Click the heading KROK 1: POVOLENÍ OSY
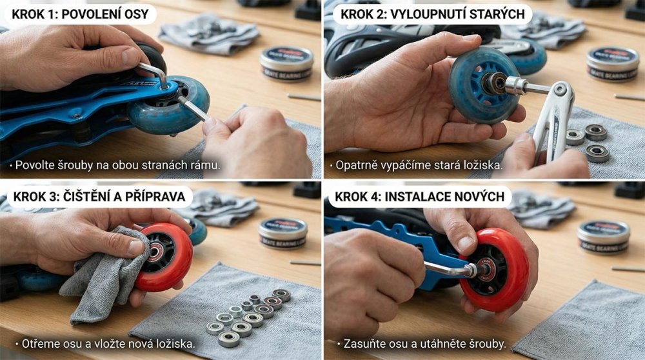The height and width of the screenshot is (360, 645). point(80,14)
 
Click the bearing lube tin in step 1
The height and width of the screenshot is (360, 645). point(286,63)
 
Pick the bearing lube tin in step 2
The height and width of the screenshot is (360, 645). point(612,63)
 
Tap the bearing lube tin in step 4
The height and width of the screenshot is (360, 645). point(603,236)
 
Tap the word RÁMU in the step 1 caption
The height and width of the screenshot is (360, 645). point(206,165)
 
